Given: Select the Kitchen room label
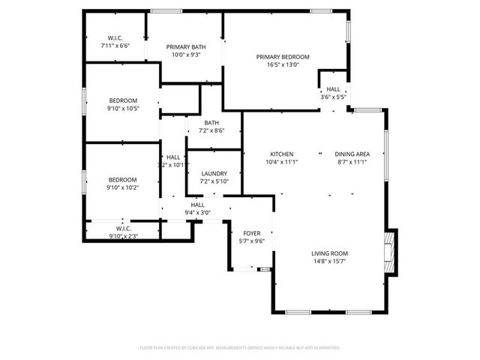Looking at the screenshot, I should (x=281, y=154).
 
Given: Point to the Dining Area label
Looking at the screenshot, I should (x=350, y=154).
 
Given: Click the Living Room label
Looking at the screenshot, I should (x=329, y=253).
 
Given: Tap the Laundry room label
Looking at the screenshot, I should (x=214, y=173).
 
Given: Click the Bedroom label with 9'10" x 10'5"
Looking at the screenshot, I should (x=122, y=100).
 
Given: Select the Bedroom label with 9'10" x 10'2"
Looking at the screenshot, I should (x=122, y=179).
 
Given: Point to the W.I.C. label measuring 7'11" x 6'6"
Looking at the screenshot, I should (x=115, y=37).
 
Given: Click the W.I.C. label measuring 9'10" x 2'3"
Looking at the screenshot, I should (x=123, y=228).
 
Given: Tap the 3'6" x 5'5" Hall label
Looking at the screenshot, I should (x=332, y=89).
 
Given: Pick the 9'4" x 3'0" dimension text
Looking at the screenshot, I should (x=198, y=212).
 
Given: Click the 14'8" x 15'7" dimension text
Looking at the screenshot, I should (x=329, y=262).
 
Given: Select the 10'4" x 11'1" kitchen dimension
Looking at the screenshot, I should (x=281, y=162).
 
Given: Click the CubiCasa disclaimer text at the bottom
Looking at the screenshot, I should (x=240, y=347).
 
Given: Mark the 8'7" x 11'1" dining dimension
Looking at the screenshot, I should (x=350, y=162).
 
